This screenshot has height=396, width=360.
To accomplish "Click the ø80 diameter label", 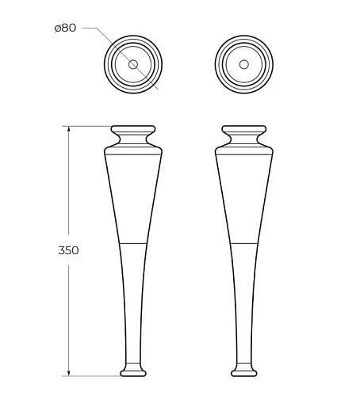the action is (65, 28).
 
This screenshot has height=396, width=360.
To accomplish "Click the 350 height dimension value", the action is (69, 250).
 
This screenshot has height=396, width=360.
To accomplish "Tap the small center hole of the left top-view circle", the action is (133, 64).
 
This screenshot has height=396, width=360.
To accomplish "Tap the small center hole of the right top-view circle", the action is (244, 64).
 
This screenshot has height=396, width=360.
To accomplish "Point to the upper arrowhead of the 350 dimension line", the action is (69, 129).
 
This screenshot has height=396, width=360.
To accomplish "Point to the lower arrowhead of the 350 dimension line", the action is (69, 373).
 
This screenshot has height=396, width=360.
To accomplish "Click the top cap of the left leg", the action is (133, 129).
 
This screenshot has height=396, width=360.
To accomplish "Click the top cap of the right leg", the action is (244, 129).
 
